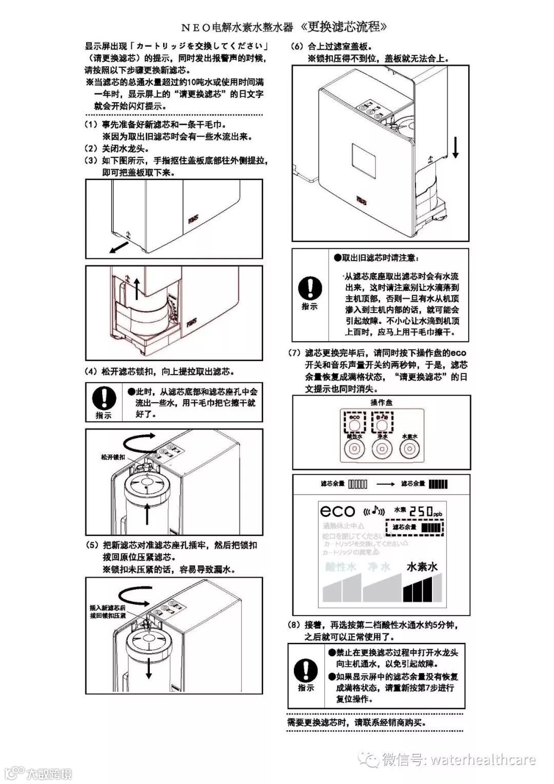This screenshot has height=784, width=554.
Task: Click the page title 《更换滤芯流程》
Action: [x=341, y=27]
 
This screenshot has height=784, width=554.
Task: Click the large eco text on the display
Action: [x=338, y=511]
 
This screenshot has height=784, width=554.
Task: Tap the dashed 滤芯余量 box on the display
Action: [x=414, y=527]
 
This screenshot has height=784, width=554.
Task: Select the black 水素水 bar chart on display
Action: [x=422, y=587]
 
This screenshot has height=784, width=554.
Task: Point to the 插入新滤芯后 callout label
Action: [x=107, y=607]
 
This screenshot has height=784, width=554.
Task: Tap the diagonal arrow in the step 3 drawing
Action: [x=118, y=248]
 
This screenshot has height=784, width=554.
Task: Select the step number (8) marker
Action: [x=295, y=625]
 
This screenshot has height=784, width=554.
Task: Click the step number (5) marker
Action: [x=92, y=545]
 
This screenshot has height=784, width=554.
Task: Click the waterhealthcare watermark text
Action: [x=483, y=760]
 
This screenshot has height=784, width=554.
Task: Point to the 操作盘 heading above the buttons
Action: [x=381, y=403]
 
